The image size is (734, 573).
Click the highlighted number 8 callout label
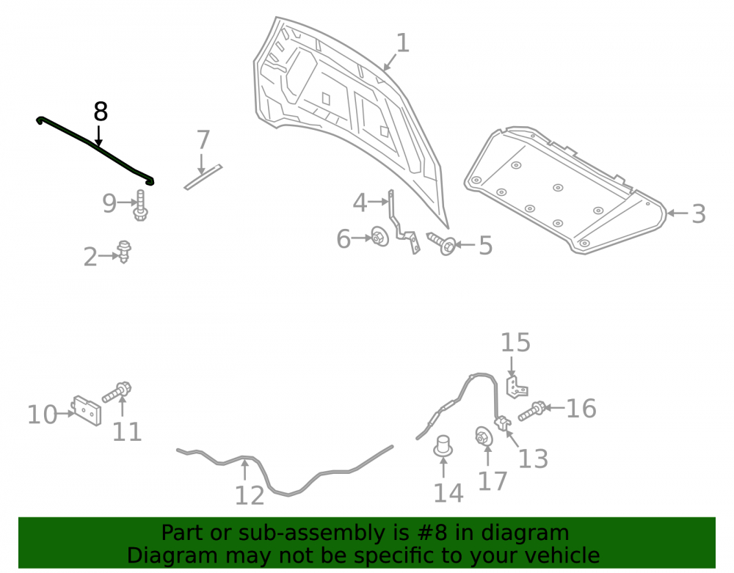coord(101,112)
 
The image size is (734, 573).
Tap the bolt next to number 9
coord(140,206)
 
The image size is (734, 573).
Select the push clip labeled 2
coord(124,252)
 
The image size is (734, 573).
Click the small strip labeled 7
coord(203,178)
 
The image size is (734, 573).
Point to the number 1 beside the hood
coord(402,43)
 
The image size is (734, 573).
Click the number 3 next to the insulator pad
coord(699,213)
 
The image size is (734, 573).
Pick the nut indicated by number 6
coord(379,237)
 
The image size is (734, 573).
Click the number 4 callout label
coord(360,202)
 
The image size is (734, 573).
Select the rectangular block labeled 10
coord(87,411)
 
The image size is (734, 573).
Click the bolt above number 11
coord(117,392)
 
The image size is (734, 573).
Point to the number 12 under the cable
coord(250,496)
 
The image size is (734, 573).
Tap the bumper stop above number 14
coord(443,446)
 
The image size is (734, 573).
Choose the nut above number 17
coord(484,437)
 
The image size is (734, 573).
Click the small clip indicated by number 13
coord(503,423)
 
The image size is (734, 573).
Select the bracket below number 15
coord(517,387)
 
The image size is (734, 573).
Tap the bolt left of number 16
coord(532,411)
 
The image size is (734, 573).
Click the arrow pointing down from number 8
coord(98,136)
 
